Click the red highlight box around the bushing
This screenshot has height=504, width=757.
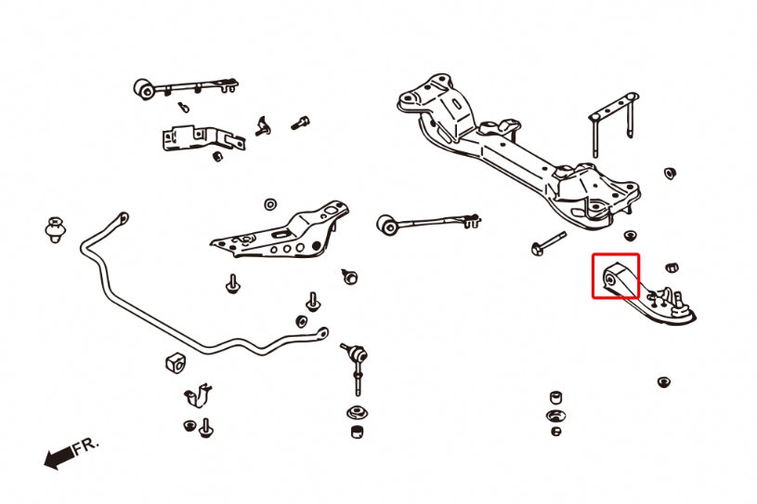point(616,277)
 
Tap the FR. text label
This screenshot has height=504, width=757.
point(85,446)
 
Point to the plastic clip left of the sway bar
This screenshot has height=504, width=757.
point(55,228)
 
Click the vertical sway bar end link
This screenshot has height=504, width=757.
point(358,366)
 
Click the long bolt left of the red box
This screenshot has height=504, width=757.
point(550,242)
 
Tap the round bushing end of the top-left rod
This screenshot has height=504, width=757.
point(144,89)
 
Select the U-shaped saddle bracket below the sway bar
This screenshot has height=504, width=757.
point(197,395)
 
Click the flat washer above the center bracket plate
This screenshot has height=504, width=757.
point(269,203)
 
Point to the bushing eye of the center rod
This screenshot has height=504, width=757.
point(388,225)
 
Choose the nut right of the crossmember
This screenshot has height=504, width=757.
point(669,174)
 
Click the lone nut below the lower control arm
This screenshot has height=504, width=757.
point(662,381)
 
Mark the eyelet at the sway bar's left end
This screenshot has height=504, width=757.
point(120,219)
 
